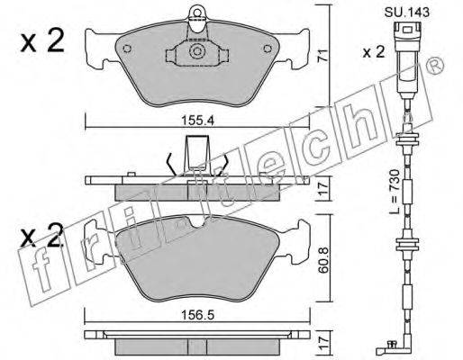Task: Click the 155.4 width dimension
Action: [197, 121]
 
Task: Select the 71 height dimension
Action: [323, 57]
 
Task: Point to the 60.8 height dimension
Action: [323, 260]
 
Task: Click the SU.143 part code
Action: [407, 13]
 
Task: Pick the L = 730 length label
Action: [395, 191]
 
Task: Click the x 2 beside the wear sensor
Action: [373, 52]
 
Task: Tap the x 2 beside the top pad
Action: [42, 41]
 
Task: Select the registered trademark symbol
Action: [435, 65]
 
